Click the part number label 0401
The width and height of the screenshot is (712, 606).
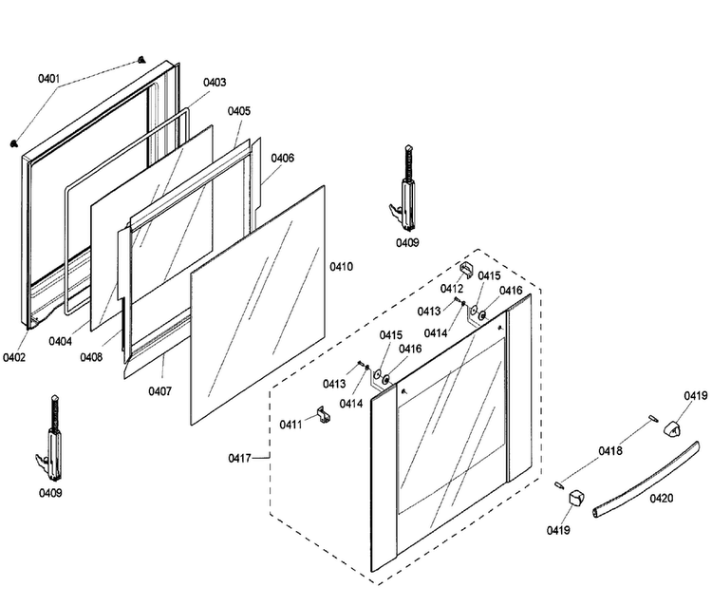coord(48,79)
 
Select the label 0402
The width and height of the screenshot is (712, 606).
coord(14,357)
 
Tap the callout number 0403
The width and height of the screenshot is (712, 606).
coord(215,83)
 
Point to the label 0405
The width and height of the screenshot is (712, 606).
coord(239,111)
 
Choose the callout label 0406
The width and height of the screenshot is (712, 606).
coord(283,158)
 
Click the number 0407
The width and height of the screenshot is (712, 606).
coord(159,391)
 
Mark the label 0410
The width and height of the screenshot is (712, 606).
coord(341,267)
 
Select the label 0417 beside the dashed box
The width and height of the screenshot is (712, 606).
coord(240,459)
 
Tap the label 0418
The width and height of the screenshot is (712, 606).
coord(610,451)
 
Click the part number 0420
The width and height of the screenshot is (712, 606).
coord(661,499)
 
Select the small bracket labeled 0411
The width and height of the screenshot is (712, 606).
coord(324,414)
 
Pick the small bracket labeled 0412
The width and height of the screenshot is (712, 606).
coord(467,270)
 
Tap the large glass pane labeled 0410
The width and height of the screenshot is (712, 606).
coord(258,305)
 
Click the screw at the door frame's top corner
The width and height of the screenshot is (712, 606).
coord(141,60)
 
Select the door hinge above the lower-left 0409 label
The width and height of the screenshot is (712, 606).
coord(51,438)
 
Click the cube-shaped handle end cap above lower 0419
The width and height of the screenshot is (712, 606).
coord(576,498)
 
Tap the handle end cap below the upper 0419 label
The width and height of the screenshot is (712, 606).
coord(673,428)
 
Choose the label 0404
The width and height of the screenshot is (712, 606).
coord(61,341)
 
